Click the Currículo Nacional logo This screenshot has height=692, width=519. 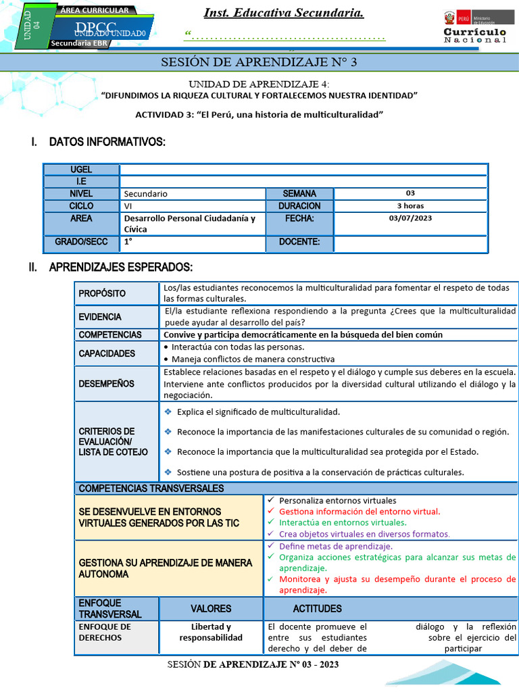pos(474,27)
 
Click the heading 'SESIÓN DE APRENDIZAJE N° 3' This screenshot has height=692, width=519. pos(259,63)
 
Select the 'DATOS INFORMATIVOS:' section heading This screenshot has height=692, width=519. pos(107,142)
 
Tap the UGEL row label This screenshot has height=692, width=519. pos(81,170)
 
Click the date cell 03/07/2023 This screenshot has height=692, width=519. pos(410,218)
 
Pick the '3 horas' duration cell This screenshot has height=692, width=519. pos(410,206)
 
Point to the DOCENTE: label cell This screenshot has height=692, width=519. pos(299,242)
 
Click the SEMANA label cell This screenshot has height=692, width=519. pos(299,193)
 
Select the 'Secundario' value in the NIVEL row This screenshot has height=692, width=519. pos(145,194)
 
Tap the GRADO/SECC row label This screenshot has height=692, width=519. pos(81,242)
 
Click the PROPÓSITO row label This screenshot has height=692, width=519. pos(102,293)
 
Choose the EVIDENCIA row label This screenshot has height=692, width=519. pos(100,317)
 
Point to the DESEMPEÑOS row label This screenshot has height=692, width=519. pos(106,384)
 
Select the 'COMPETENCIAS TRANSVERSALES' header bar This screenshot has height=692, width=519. pos(151,489)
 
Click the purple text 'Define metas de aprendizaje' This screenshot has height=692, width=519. pos(335,546)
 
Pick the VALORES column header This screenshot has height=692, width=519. pos(211,608)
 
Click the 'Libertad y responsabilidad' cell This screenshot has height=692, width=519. pos(211,632)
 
